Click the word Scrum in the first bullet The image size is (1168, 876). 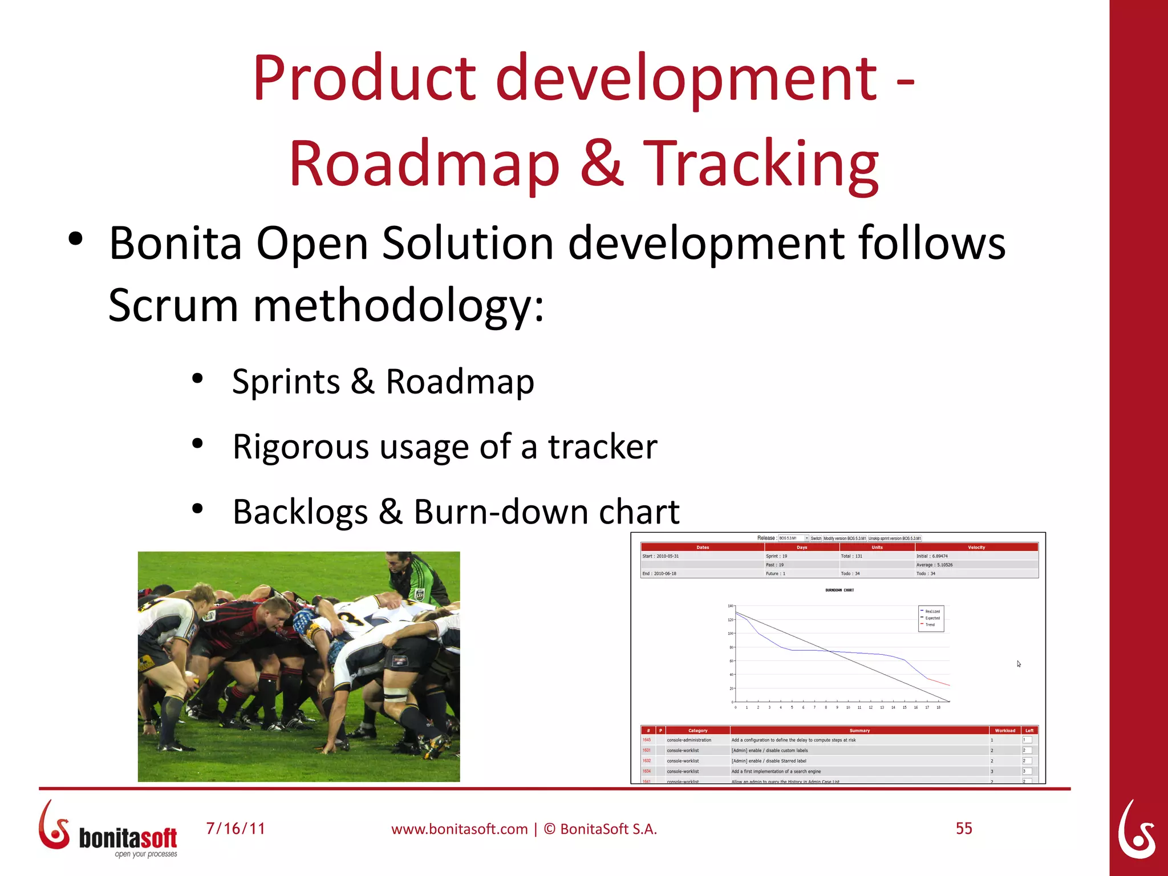[x=173, y=306]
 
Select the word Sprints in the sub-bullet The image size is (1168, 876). [x=286, y=382]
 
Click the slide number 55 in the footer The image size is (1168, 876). [x=963, y=828]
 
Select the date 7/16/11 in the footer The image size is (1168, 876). [x=236, y=828]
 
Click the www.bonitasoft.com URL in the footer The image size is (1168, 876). [x=459, y=829]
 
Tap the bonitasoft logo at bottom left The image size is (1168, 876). [x=108, y=830]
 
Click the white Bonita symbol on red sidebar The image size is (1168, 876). [x=1137, y=830]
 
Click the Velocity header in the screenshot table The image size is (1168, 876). [x=976, y=547]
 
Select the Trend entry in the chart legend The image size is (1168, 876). [x=930, y=624]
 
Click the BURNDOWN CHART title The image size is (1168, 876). [x=839, y=590]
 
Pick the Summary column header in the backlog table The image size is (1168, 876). [x=859, y=730]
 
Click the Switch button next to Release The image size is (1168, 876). [x=816, y=538]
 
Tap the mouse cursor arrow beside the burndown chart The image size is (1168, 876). [x=1018, y=663]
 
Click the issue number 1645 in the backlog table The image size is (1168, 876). [x=646, y=740]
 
